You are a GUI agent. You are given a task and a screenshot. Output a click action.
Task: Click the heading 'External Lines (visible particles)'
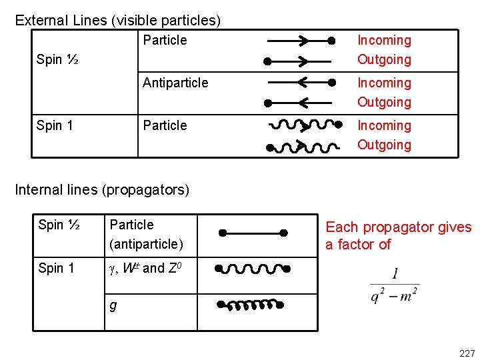point(117,20)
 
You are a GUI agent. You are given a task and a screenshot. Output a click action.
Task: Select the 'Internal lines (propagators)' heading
point(102,190)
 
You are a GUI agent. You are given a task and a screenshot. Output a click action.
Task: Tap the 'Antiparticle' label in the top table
point(175,83)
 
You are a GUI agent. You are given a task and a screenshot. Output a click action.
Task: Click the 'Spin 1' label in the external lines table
point(55,125)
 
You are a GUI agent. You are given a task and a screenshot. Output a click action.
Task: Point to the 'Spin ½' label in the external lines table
point(58,59)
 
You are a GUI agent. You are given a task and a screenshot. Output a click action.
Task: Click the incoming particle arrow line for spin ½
point(299,41)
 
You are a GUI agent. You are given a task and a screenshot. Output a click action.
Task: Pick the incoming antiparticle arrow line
point(299,83)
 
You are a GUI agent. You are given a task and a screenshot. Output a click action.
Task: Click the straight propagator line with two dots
point(253,233)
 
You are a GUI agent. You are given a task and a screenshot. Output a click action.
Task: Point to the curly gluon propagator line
point(251,305)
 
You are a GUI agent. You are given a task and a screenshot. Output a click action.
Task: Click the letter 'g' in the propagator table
point(113,305)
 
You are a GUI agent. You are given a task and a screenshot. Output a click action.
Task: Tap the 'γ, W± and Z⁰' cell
point(143,269)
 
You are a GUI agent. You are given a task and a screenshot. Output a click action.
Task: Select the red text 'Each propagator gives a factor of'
point(398,235)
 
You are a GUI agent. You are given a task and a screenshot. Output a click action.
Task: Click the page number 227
point(466,353)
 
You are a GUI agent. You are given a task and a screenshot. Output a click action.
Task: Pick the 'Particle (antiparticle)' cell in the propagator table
point(146,234)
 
